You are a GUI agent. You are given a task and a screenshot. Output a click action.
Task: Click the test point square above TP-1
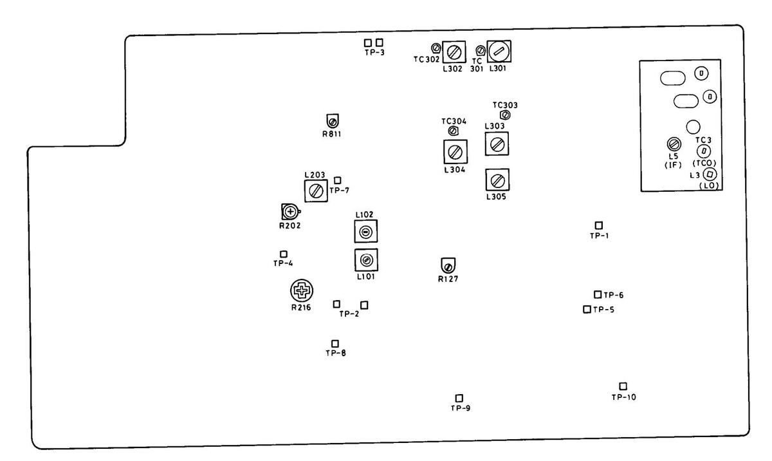[x=599, y=225]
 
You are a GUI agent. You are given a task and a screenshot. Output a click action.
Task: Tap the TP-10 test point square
[x=623, y=386]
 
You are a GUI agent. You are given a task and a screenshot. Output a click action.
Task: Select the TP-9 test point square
[x=459, y=398]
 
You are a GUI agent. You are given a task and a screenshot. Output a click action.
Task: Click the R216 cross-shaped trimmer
[x=300, y=292]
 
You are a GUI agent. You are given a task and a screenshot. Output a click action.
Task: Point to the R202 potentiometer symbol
[x=290, y=211]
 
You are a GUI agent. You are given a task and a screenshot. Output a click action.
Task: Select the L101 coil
[x=365, y=261]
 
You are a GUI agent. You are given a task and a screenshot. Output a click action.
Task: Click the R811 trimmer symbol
[x=333, y=121]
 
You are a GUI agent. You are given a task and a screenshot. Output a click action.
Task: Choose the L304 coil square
[x=455, y=152]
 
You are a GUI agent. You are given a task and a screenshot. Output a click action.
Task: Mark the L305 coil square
[x=496, y=181]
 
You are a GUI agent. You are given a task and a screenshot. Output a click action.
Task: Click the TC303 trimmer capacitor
[x=505, y=115]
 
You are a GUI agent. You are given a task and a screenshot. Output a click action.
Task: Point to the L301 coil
[x=498, y=50]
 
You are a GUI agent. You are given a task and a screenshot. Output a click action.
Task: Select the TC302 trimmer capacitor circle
[x=436, y=48]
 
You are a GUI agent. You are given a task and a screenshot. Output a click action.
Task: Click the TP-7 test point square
[x=338, y=180]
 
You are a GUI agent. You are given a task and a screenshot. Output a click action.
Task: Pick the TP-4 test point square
[x=283, y=254]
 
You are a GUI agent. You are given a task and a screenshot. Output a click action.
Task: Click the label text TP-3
[x=374, y=53]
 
